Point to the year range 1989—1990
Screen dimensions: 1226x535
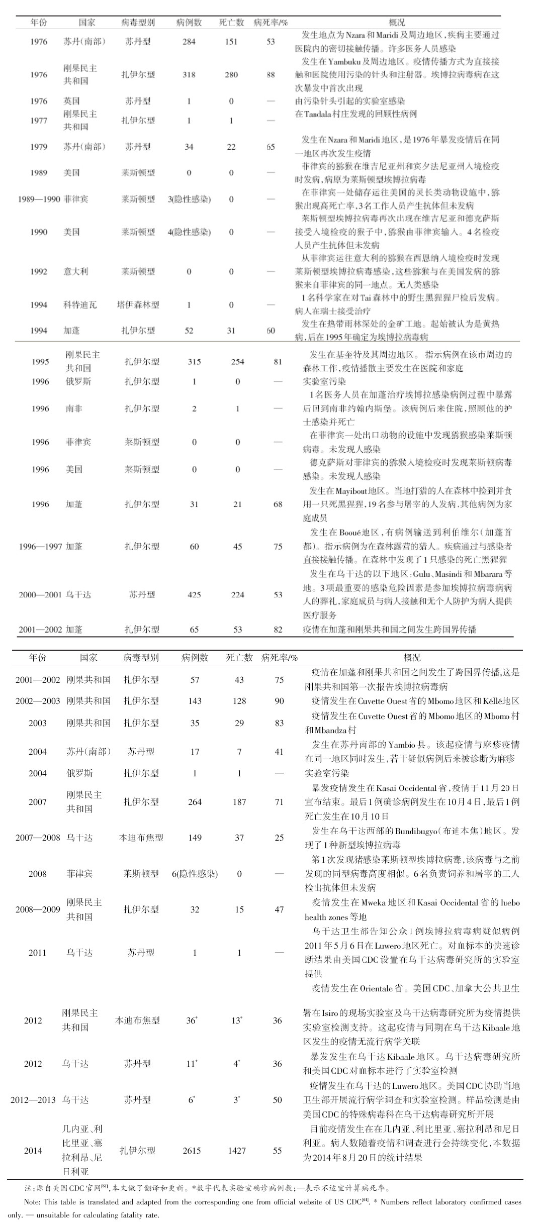39,199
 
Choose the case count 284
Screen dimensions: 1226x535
189,42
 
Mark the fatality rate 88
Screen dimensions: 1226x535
271,74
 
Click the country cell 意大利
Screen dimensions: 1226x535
76,271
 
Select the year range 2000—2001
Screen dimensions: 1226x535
40,594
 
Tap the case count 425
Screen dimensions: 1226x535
194,594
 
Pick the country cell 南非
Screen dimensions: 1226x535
74,408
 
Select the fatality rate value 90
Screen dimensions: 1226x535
279,701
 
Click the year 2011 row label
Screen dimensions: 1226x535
37,952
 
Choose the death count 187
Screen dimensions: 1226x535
239,802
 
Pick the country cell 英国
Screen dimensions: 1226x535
72,101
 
